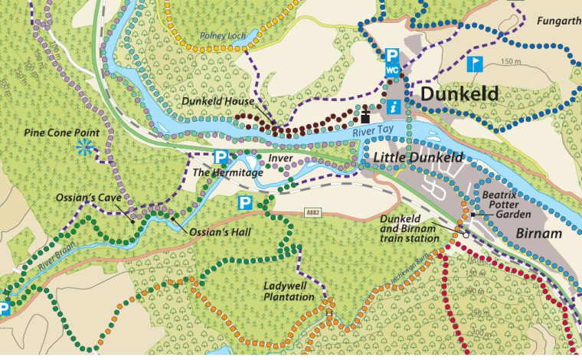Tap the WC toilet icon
pyautogui.click(x=392, y=70)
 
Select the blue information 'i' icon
pyautogui.click(x=392, y=106)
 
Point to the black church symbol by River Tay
pyautogui.click(x=366, y=116)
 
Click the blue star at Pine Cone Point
pyautogui.click(x=85, y=148)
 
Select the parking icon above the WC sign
pyautogui.click(x=392, y=55)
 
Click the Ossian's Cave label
pyautogui.click(x=85, y=198)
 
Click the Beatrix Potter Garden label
pyautogui.click(x=508, y=205)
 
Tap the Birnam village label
pyautogui.click(x=538, y=234)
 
